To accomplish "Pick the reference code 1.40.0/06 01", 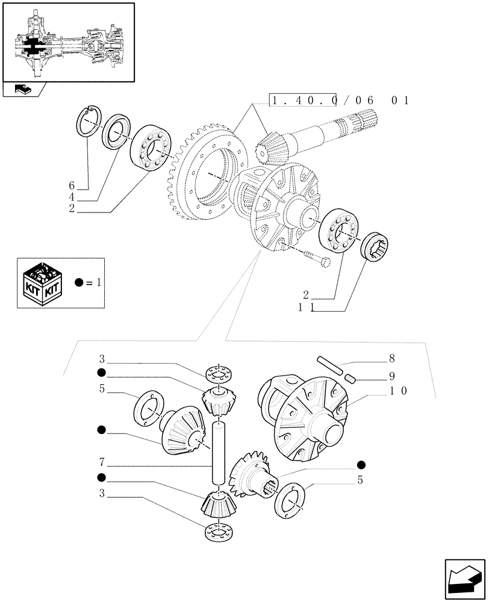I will (x=340, y=101).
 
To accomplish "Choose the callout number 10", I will (x=398, y=391).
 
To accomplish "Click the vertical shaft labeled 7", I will (x=219, y=451).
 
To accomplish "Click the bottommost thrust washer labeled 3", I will (x=218, y=532).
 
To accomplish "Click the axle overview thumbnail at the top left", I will (x=69, y=42).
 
